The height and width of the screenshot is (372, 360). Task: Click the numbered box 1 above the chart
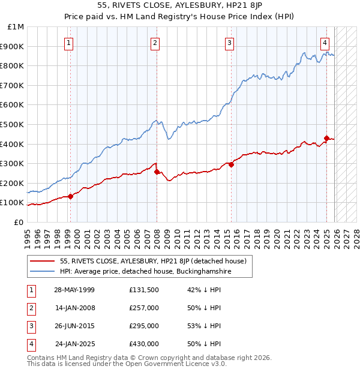click(x=70, y=43)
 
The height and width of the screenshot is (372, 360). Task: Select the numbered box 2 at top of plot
click(x=155, y=43)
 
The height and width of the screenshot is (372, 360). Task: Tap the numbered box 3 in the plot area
click(x=230, y=43)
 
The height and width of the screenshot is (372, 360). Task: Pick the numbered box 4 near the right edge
click(x=325, y=43)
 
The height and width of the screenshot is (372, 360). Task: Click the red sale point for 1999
click(x=70, y=196)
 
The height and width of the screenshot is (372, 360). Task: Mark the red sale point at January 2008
click(x=157, y=172)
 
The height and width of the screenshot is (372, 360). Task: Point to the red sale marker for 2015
click(x=231, y=164)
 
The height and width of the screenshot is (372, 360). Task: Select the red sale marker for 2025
click(x=326, y=138)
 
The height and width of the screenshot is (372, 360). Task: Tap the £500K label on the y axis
click(x=14, y=124)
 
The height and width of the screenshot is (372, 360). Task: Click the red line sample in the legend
click(x=43, y=261)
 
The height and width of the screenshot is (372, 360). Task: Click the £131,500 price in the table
click(x=144, y=290)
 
